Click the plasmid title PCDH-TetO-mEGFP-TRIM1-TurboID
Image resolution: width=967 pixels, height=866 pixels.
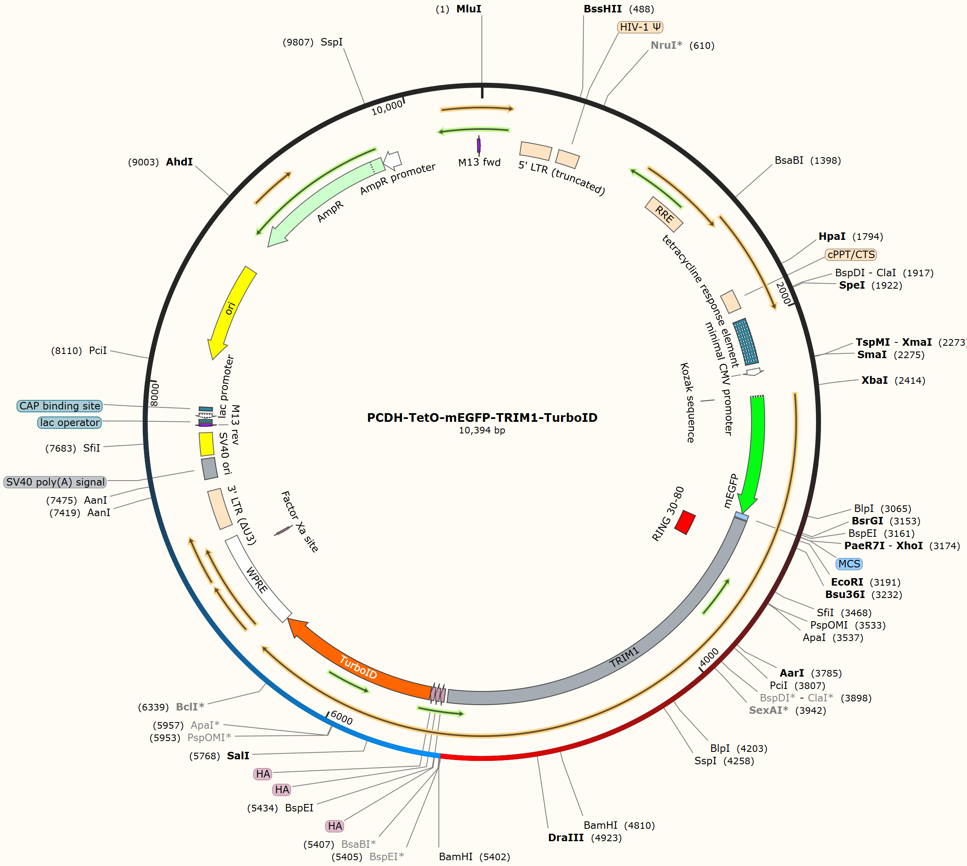(x=482, y=417)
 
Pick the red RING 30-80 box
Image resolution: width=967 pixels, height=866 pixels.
(x=685, y=522)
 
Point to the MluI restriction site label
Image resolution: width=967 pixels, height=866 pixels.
(x=469, y=9)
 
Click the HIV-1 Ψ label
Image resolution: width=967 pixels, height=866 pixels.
(x=640, y=27)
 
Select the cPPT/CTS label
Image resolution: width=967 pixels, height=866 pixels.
(x=851, y=255)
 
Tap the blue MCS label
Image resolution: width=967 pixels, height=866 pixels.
(x=849, y=564)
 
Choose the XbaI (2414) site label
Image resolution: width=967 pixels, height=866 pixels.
(x=893, y=380)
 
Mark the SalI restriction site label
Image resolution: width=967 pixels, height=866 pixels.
(x=238, y=756)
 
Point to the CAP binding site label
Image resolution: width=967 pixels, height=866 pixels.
(x=60, y=406)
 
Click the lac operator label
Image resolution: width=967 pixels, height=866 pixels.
(x=69, y=423)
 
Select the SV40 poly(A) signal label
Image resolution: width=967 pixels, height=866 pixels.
(x=55, y=482)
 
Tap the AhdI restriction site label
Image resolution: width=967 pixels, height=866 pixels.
(x=180, y=162)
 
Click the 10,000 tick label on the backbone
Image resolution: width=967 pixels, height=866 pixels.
(x=387, y=108)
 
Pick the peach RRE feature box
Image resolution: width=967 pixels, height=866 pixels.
(x=664, y=215)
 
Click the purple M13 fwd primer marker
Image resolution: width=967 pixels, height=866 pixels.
(x=479, y=146)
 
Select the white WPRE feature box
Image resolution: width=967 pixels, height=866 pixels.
(x=258, y=579)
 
